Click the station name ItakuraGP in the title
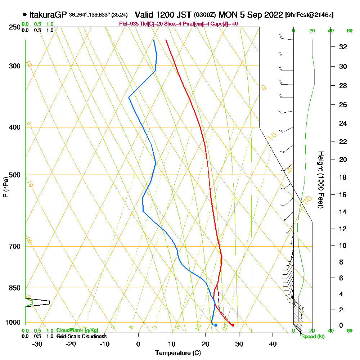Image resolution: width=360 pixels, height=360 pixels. (48, 15)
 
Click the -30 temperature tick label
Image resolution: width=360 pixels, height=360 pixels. (37, 344)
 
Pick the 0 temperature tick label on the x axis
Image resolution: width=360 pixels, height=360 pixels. (138, 344)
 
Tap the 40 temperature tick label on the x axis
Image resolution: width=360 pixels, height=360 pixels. (273, 344)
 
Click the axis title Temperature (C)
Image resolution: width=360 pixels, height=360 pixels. (178, 353)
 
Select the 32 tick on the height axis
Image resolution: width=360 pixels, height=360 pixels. (343, 47)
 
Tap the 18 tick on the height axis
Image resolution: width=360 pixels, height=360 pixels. (343, 177)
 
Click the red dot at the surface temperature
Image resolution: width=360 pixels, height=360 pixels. (233, 325)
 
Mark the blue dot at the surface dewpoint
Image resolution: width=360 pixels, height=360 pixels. (216, 325)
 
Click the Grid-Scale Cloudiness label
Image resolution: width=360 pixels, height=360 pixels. (81, 336)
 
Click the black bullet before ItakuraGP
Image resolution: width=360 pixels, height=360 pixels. (24, 15)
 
